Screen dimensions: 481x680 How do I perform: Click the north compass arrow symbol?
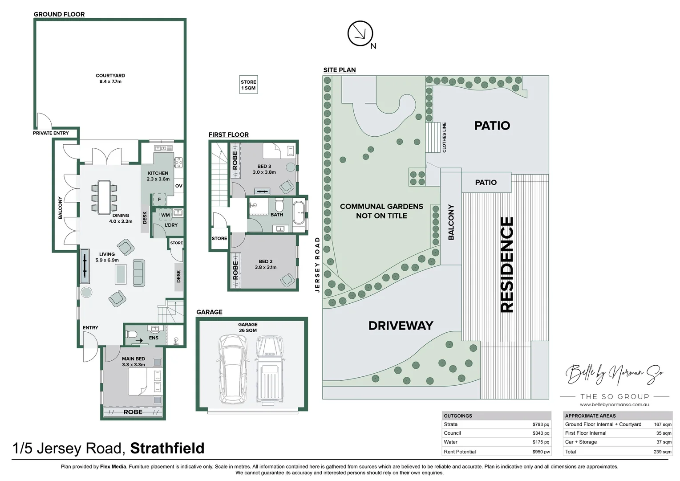click(360, 34)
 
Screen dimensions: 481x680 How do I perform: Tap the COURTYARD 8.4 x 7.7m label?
click(110, 79)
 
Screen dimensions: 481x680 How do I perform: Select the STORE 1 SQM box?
click(248, 85)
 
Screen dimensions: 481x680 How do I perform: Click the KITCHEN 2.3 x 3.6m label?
click(158, 176)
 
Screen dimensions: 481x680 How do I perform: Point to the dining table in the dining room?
click(104, 196)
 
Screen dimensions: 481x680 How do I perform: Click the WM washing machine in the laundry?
click(166, 215)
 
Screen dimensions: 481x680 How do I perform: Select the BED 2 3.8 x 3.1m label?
click(266, 265)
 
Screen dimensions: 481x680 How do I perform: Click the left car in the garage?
click(232, 368)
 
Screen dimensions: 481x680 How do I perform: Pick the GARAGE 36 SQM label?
click(248, 327)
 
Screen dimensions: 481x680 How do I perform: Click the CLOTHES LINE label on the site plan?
click(444, 138)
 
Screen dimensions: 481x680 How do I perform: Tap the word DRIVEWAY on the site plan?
click(401, 326)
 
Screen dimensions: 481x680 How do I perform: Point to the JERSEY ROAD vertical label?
click(317, 265)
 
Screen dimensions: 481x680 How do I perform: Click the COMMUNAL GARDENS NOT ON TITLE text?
click(381, 211)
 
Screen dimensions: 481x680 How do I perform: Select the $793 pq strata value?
click(540, 424)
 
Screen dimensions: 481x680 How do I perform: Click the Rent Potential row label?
click(460, 452)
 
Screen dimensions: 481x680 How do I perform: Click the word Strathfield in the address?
click(167, 448)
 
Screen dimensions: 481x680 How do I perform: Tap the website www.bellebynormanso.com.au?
click(614, 404)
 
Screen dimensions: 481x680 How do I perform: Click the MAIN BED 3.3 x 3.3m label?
click(134, 362)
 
